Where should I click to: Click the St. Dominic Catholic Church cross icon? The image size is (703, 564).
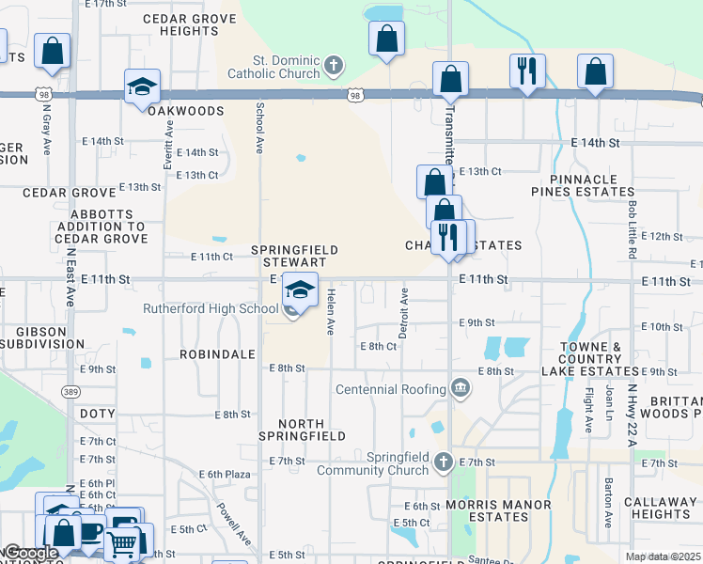pos(332,66)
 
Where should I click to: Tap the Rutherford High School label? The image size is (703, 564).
pos(211,308)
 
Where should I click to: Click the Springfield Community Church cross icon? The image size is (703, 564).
pos(445,462)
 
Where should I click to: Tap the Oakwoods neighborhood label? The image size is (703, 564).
pos(185,111)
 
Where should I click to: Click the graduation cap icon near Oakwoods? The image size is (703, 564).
pos(142,87)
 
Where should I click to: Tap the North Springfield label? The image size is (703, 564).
pos(303,429)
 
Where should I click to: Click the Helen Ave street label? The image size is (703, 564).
pos(331,313)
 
